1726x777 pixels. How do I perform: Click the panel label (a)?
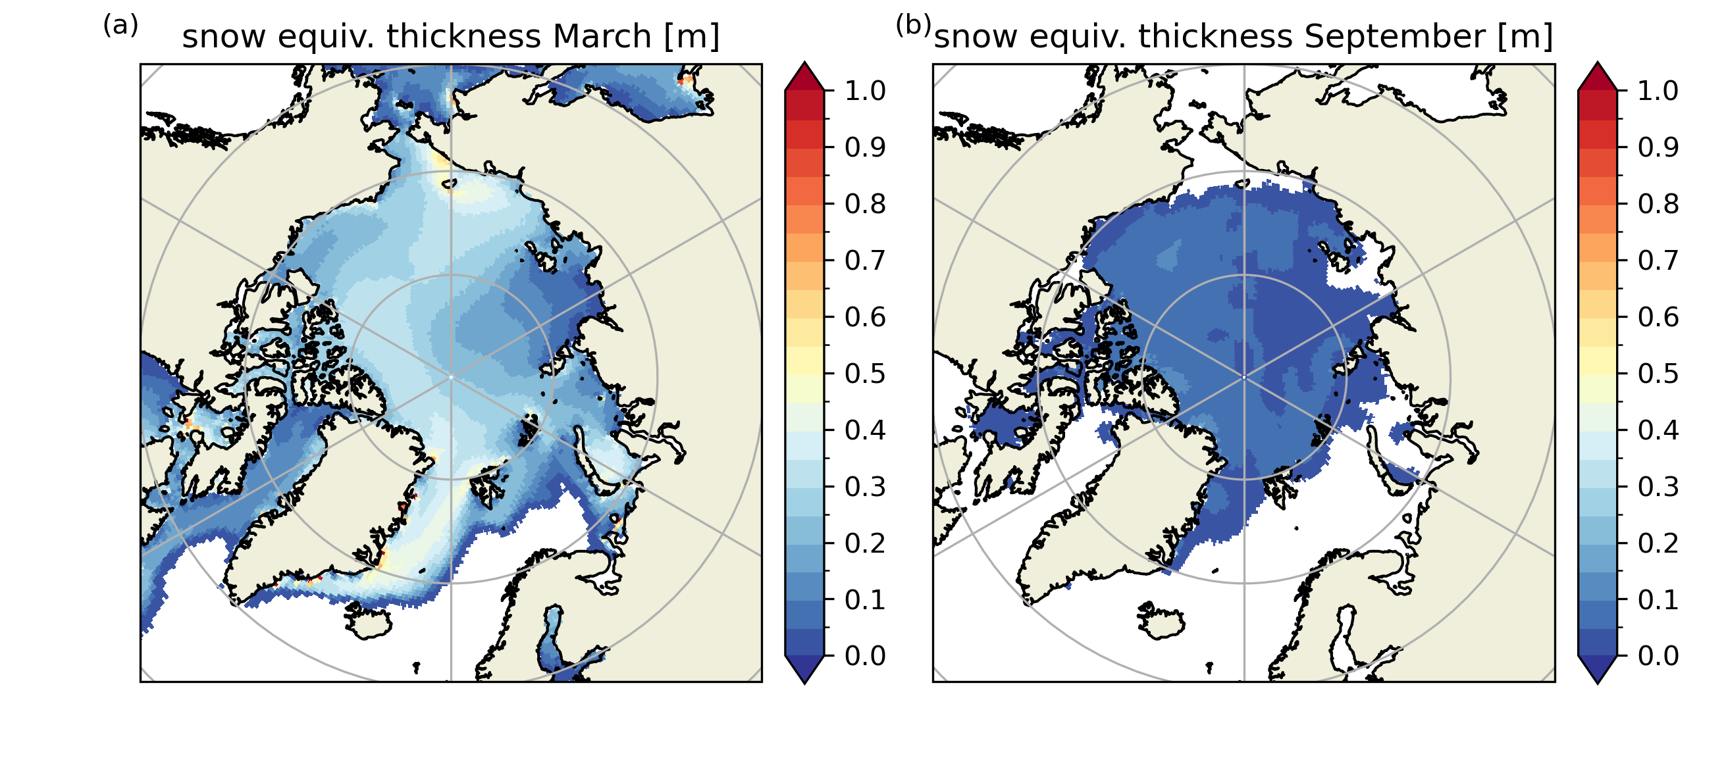pyautogui.click(x=120, y=26)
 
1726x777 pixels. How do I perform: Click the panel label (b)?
pyautogui.click(x=913, y=26)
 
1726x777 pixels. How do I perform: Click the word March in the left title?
pyautogui.click(x=601, y=36)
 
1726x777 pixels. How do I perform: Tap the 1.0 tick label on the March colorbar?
pyautogui.click(x=865, y=90)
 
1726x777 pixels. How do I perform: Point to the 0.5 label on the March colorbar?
pyautogui.click(x=865, y=373)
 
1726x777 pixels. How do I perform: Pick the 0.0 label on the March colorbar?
pyautogui.click(x=865, y=656)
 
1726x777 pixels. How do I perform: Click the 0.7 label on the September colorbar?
pyautogui.click(x=1658, y=260)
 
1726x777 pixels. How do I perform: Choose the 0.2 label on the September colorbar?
pyautogui.click(x=1658, y=543)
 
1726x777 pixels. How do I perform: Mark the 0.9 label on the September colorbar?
pyautogui.click(x=1658, y=147)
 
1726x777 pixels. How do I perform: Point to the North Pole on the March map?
pyautogui.click(x=451, y=377)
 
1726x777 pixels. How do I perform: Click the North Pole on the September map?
pyautogui.click(x=1244, y=377)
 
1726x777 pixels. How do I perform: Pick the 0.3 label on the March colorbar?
pyautogui.click(x=865, y=486)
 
